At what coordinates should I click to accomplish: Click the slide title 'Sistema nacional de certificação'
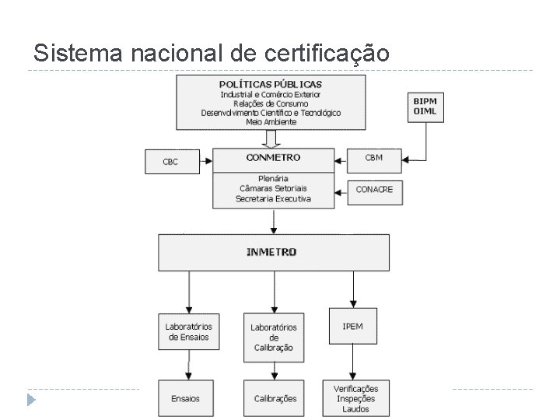[x=210, y=53]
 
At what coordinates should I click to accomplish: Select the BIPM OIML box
[x=425, y=107]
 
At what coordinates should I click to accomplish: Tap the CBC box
[x=170, y=162]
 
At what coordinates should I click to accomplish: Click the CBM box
[x=374, y=159]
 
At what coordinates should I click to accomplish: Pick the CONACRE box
[x=374, y=190]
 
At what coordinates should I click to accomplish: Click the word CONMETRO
[x=273, y=158]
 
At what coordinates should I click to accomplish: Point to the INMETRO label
[x=271, y=253]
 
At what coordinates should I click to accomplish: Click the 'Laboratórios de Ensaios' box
[x=189, y=332]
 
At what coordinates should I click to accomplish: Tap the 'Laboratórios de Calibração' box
[x=273, y=337]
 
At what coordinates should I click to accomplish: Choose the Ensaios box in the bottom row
[x=185, y=398]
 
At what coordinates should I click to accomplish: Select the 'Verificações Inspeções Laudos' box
[x=356, y=398]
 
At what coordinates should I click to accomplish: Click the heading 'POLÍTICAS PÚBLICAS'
[x=271, y=84]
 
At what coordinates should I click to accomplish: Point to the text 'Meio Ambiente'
[x=271, y=122]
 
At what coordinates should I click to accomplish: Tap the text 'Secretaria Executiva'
[x=273, y=199]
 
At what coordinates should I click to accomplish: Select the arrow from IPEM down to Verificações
[x=352, y=363]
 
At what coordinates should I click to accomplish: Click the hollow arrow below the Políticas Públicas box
[x=271, y=138]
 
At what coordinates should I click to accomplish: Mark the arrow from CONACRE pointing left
[x=341, y=190]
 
